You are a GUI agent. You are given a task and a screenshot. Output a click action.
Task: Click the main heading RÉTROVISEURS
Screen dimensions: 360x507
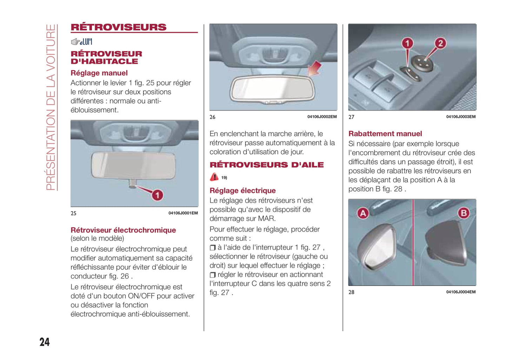[x=119, y=27]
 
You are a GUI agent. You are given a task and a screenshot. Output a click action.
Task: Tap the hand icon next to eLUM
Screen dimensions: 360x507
[x=75, y=42]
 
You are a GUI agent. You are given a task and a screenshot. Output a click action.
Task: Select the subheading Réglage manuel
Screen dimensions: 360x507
[x=99, y=73]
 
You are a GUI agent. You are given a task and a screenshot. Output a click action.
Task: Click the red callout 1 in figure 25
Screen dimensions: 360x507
[x=158, y=195]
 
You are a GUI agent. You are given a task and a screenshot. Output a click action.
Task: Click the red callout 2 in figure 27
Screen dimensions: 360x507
[x=440, y=43]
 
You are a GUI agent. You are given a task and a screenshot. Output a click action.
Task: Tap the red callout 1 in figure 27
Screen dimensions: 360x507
[x=407, y=43]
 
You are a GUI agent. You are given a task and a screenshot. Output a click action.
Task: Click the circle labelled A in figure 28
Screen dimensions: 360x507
[x=363, y=213]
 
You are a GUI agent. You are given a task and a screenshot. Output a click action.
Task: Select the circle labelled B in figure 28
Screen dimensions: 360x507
[x=463, y=213]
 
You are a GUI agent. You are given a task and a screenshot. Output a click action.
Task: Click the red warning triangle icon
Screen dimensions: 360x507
[x=214, y=177]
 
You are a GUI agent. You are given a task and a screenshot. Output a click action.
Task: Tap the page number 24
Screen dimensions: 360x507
[x=45, y=342]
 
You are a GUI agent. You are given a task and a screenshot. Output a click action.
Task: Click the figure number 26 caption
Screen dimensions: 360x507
[x=212, y=117]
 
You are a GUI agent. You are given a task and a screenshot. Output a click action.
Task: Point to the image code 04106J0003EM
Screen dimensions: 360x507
[x=461, y=117]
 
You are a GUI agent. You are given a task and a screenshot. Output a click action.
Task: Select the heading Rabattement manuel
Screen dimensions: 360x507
[x=385, y=134]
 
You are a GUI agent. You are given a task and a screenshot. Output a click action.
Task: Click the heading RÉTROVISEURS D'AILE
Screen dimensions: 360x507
[x=267, y=165]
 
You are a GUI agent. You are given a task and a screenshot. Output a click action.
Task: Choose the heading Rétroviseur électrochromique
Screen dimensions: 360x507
[x=123, y=230]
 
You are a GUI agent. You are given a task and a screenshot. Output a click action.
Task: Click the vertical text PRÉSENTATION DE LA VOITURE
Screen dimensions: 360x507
[x=51, y=107]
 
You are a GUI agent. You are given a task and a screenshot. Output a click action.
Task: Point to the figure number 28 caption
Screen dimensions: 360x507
[x=351, y=292]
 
